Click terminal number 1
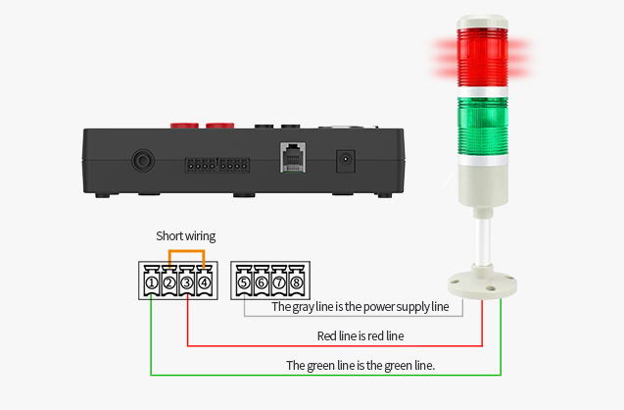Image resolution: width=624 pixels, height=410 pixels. coord(152,283)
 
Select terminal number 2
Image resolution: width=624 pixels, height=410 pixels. coord(168,283)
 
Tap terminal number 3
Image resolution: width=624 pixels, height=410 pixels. coord(186,283)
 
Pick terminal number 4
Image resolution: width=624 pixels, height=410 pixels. coord(203,283)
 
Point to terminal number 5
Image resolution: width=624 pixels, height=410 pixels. coord(245,283)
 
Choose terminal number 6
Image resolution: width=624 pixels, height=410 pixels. coord(262,283)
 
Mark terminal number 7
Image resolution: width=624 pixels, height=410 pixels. coord(279,283)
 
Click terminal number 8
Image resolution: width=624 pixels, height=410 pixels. coord(296,283)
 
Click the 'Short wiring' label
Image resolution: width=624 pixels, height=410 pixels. coord(186,236)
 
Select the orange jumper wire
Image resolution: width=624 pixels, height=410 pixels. coord(186,251)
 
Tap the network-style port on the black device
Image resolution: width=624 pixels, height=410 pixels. coord(293,158)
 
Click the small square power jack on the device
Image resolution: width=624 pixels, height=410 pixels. coord(345,159)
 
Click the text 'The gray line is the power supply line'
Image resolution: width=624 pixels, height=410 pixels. coord(360,307)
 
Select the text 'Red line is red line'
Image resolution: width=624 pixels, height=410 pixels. coord(360,336)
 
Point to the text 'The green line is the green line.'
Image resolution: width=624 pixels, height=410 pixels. coord(360,365)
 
